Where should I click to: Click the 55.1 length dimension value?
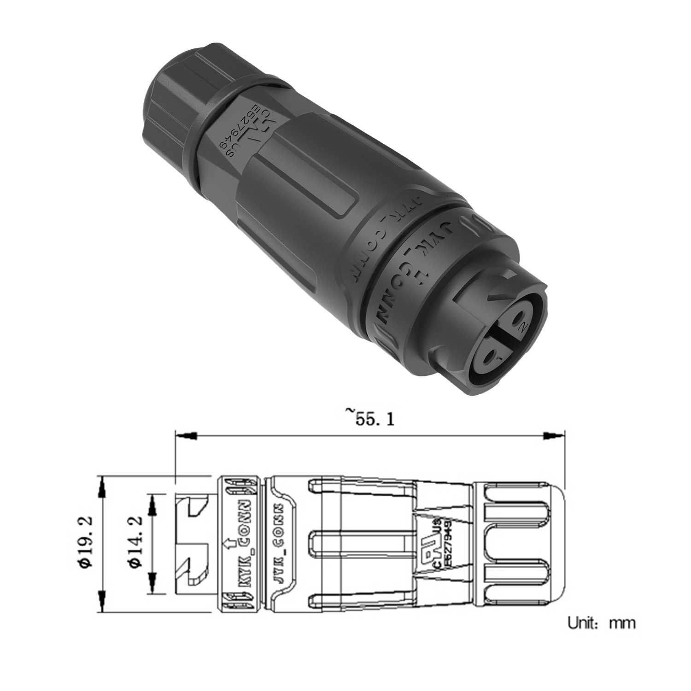click(370, 419)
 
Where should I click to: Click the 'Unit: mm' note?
click(601, 623)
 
